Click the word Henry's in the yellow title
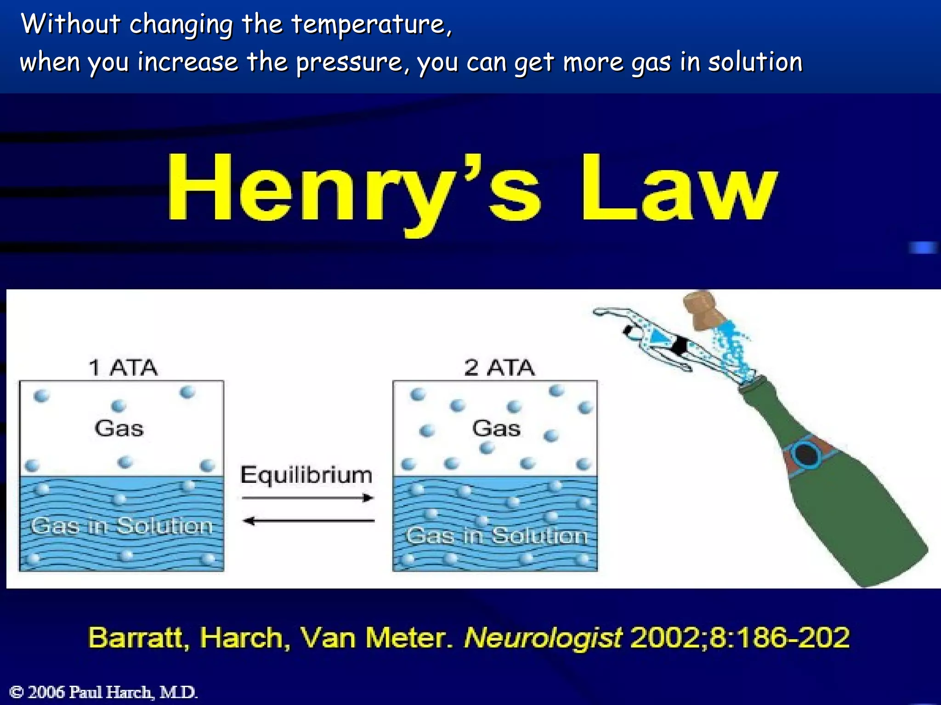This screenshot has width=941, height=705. click(354, 190)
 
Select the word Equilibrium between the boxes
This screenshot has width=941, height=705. click(306, 475)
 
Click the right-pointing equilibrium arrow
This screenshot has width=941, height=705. click(308, 498)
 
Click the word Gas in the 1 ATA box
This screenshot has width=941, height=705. click(119, 428)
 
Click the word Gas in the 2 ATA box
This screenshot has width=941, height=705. click(496, 428)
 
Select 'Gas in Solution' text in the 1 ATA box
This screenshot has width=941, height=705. click(122, 526)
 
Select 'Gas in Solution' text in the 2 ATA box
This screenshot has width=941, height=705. click(497, 536)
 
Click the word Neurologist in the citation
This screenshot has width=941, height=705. click(543, 638)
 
